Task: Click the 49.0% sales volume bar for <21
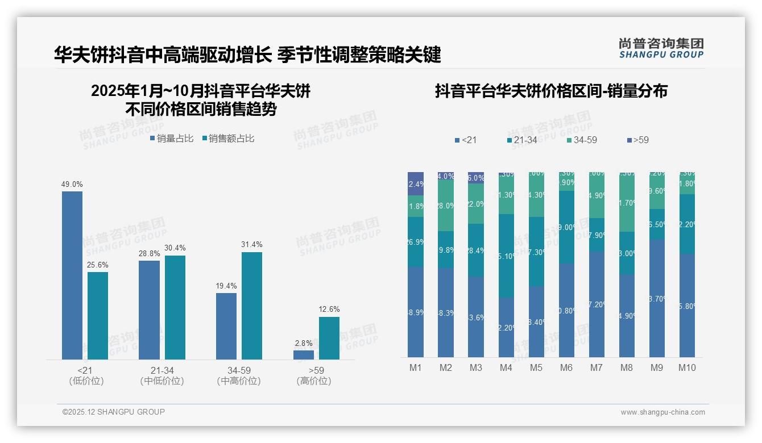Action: [x=72, y=275]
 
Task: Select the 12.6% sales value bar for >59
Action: [x=329, y=338]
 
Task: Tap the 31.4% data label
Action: [x=252, y=245]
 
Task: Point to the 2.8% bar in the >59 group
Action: [x=303, y=355]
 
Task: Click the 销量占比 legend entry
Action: [x=172, y=139]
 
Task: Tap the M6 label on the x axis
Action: [x=566, y=367]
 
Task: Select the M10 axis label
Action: [x=686, y=367]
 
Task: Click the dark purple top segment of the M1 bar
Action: [x=416, y=183]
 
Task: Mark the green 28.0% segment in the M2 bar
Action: [x=446, y=206]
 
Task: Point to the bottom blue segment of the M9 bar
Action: [x=657, y=298]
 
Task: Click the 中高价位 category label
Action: [x=239, y=381]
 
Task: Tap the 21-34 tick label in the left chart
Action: [x=162, y=370]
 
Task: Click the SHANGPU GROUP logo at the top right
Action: [x=661, y=48]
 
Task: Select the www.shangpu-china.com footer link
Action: [x=662, y=412]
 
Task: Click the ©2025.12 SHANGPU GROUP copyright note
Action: [x=114, y=412]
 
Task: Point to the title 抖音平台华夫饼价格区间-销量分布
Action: [x=551, y=91]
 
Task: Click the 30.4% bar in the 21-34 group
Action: [x=175, y=307]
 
